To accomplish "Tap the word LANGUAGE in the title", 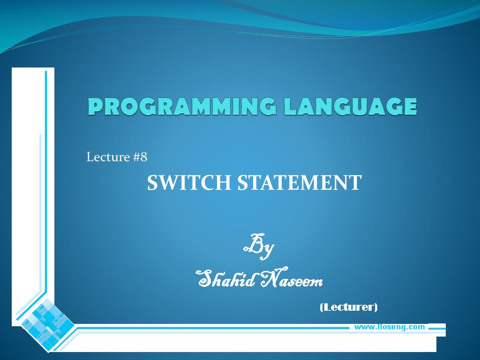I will [x=350, y=106].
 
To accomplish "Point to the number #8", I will [x=140, y=157].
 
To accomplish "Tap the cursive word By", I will [x=259, y=247].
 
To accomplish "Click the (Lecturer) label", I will [x=348, y=307].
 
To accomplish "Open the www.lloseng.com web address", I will [x=389, y=327].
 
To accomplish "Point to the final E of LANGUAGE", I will [x=409, y=106].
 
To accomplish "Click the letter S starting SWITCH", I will [x=153, y=182].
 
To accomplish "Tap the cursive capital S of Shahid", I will [x=205, y=278].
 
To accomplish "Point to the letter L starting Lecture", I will [x=90, y=157].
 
